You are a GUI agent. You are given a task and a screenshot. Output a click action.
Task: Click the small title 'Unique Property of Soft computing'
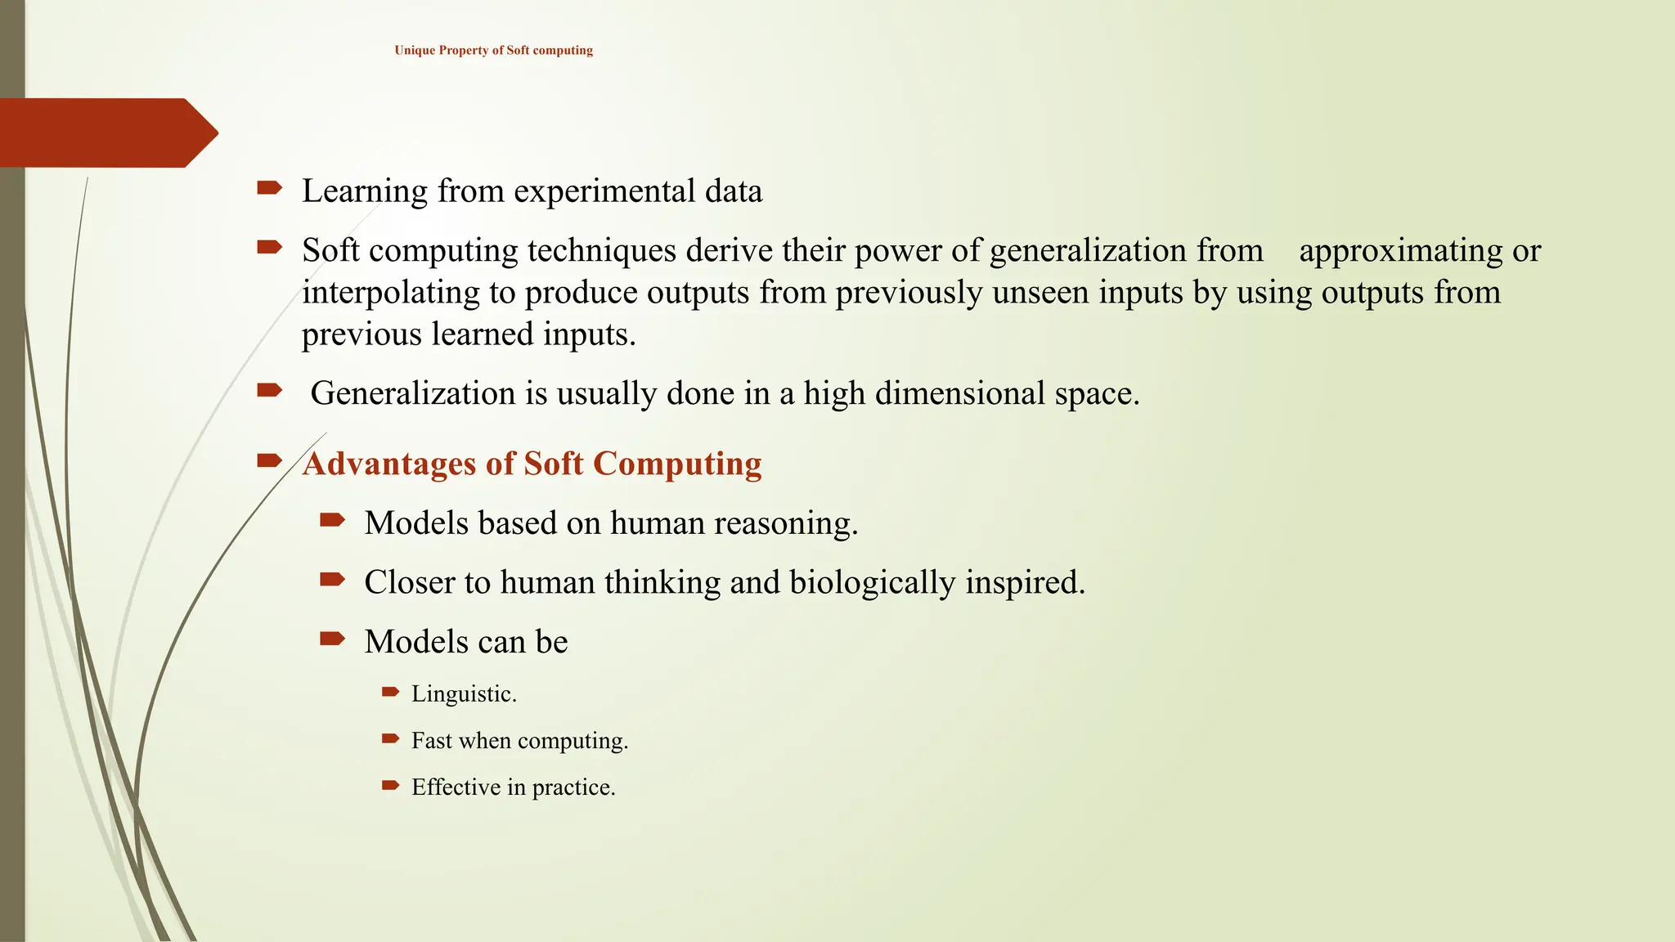tap(493, 51)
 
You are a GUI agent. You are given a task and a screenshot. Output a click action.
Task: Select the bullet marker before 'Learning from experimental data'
tap(269, 189)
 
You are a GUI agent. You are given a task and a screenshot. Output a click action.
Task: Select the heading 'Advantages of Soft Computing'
tap(532, 464)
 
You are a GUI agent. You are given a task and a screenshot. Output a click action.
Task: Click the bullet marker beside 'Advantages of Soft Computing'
tap(269, 461)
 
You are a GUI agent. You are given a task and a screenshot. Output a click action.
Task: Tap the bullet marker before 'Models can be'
tap(332, 639)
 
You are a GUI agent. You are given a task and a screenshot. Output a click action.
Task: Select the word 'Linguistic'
tap(463, 694)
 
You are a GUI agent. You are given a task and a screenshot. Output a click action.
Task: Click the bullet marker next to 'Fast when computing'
tap(390, 739)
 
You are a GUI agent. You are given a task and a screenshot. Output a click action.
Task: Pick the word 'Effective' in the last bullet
tap(456, 787)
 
